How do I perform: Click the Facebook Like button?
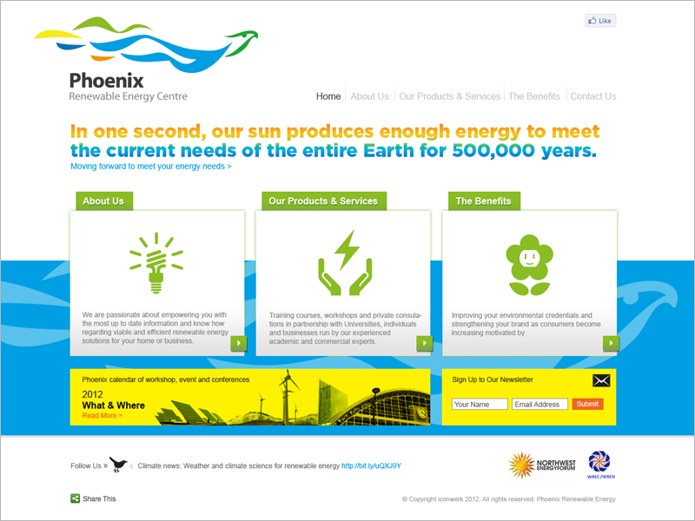click(600, 21)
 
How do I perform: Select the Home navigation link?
click(328, 96)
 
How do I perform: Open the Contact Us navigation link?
click(592, 96)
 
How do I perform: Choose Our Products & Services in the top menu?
click(449, 96)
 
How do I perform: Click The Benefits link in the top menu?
click(533, 96)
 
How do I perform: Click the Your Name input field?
click(479, 405)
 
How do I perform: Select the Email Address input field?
click(539, 405)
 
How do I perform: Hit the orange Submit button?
click(587, 405)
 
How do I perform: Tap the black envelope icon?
click(601, 380)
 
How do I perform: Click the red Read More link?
click(103, 416)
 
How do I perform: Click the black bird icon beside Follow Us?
click(118, 465)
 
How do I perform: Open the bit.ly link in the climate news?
click(371, 466)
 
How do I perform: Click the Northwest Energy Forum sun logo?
click(521, 465)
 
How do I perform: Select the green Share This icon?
click(76, 498)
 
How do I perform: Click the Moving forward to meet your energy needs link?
click(151, 166)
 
